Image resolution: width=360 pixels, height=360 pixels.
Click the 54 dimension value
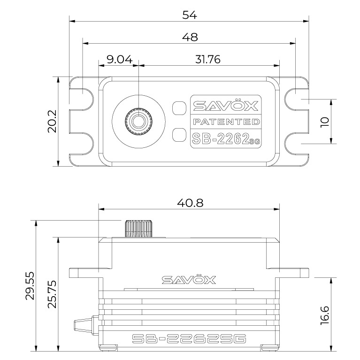point(189,15)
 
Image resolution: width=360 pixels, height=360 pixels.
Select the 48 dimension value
point(189,37)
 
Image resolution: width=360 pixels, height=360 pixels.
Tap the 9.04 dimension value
point(119,59)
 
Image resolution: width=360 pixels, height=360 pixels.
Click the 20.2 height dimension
point(52,121)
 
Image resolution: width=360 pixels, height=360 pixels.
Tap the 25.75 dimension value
point(52,294)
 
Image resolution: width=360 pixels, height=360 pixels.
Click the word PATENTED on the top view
point(225,122)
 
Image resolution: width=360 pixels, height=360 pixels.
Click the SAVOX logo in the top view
point(225,106)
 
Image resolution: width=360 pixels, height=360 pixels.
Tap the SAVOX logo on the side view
point(189,280)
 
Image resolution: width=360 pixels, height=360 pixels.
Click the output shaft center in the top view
point(138,121)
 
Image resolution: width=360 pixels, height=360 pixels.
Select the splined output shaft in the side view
point(138,228)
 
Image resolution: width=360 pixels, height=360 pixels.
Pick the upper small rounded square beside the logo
point(179,107)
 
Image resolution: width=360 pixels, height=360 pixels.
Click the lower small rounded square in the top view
point(179,135)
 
